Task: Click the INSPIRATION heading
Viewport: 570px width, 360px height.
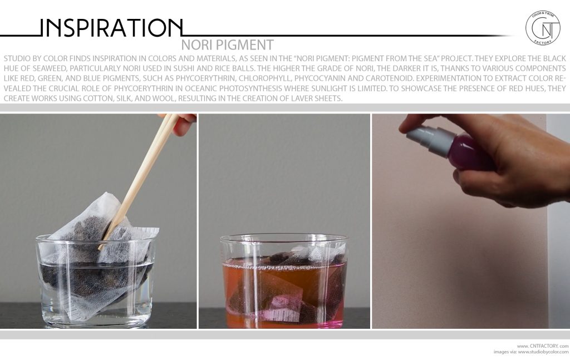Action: click(x=111, y=27)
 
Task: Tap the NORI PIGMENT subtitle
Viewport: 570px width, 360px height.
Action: click(x=227, y=45)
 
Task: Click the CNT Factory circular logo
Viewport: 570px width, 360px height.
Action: click(x=543, y=28)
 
